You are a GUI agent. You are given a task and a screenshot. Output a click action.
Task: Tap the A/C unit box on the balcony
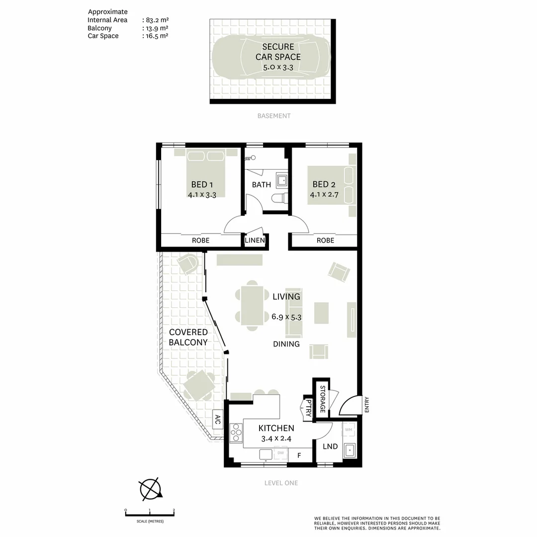click(218, 421)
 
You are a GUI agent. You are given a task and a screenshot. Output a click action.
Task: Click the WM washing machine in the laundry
click(349, 429)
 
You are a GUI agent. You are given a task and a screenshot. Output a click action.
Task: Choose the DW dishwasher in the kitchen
click(280, 453)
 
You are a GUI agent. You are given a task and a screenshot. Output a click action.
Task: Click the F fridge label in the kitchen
click(299, 455)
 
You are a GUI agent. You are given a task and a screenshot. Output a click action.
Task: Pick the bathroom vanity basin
click(282, 179)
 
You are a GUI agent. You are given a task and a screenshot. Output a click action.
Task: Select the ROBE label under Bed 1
click(200, 241)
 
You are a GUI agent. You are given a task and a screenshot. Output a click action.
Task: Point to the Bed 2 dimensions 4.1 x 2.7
click(324, 195)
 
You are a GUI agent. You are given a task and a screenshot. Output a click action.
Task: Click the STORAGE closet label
click(322, 399)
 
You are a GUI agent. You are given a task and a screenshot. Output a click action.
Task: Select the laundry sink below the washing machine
click(350, 450)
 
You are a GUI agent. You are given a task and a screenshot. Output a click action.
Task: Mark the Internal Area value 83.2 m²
click(155, 20)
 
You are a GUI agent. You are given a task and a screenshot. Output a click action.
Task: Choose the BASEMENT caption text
click(273, 116)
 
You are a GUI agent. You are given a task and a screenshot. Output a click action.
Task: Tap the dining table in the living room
click(252, 305)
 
